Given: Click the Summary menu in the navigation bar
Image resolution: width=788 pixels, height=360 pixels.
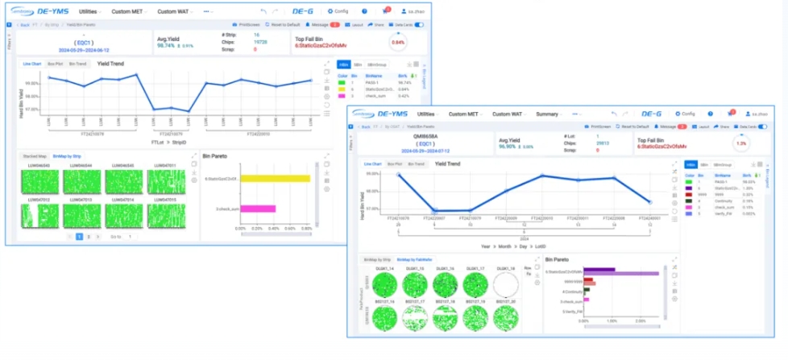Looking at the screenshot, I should (547, 114).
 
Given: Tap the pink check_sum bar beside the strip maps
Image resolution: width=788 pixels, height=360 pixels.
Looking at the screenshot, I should (259, 209).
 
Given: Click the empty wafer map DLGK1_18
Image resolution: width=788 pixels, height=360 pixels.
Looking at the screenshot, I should (506, 283).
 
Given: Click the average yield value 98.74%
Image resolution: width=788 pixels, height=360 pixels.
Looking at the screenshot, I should (167, 46).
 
